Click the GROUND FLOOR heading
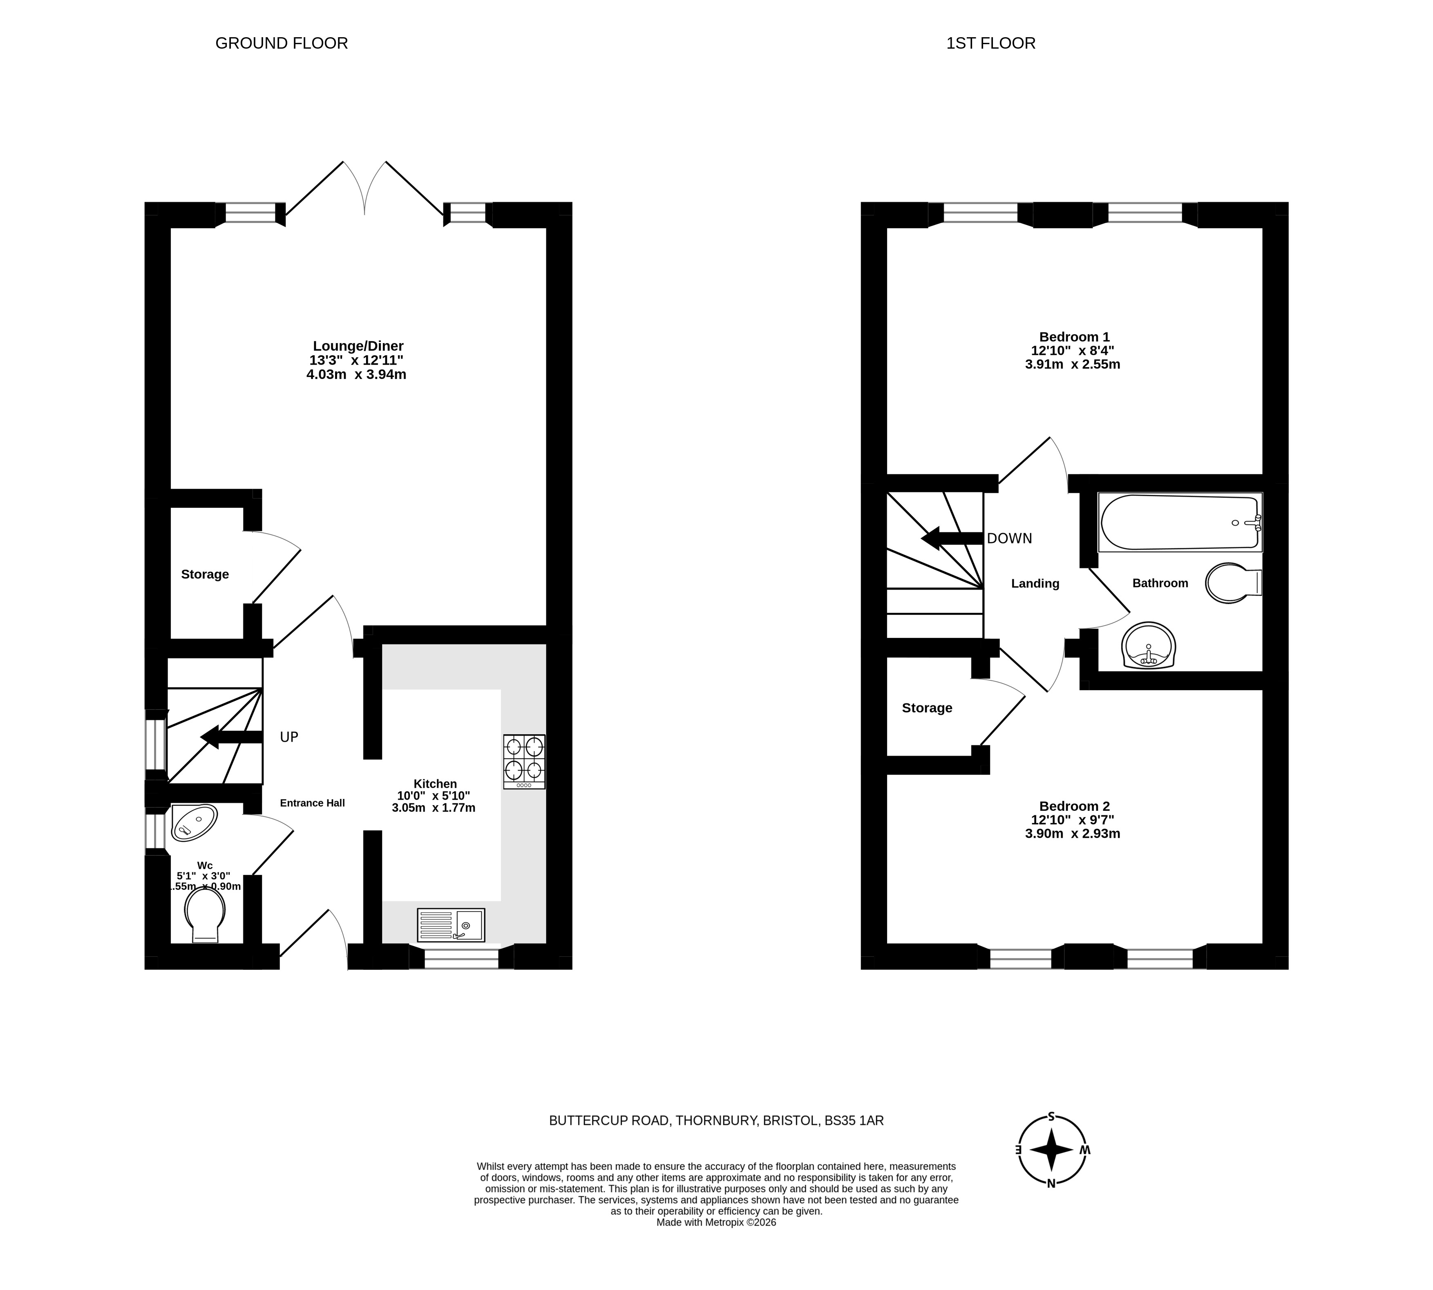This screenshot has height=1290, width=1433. coord(281,43)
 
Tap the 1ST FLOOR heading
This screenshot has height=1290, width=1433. coord(990,43)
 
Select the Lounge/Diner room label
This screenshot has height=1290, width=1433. coord(358,346)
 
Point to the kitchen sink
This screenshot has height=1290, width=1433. coord(451,925)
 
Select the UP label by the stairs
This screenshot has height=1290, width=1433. coord(289,737)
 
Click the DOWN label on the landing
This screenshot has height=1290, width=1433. coord(1009,538)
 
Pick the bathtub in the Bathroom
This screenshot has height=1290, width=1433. coord(1180,523)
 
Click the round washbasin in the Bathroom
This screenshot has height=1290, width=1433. coord(1149,645)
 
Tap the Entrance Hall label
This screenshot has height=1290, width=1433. coord(313,803)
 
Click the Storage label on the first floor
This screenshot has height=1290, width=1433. coord(927,708)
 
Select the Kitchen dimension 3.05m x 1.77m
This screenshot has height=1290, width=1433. coord(434,807)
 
